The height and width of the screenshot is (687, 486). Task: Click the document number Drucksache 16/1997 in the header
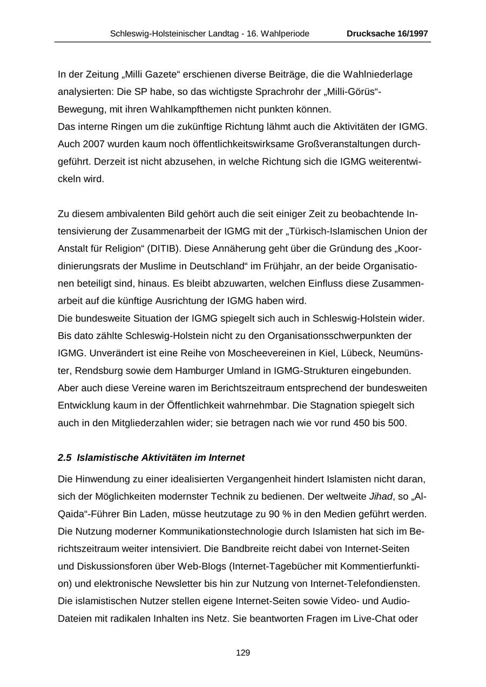[387, 33]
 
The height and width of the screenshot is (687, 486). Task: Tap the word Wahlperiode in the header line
[285, 33]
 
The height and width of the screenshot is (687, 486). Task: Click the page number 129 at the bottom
[243, 653]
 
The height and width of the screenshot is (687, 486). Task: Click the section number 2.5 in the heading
[64, 458]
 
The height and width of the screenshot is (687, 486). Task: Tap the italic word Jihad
[381, 496]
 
